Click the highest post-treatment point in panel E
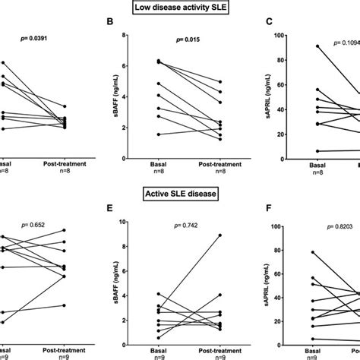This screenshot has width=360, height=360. click(220, 235)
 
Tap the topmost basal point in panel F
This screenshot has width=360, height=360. click(292, 252)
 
